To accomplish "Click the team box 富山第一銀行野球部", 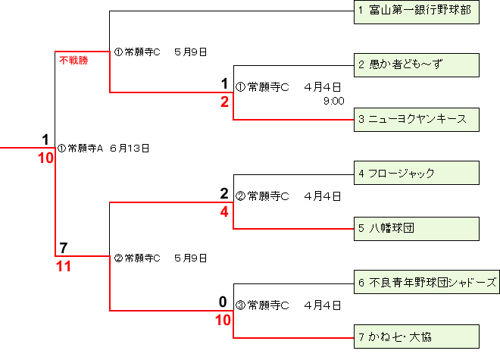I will click(417, 11).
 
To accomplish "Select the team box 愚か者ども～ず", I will click(417, 64).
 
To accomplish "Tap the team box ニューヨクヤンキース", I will click(417, 119).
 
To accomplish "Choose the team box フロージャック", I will click(417, 173).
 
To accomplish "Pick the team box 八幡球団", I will click(417, 227).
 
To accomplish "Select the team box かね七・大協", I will click(417, 336).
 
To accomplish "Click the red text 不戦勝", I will click(73, 60).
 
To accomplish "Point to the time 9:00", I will click(333, 100).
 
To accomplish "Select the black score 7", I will click(64, 248).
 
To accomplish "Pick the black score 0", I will click(223, 302).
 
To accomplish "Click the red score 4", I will click(224, 212).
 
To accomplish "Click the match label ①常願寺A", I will click(80, 148).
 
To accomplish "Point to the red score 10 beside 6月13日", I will click(45, 158).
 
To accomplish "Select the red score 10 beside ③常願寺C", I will click(223, 321).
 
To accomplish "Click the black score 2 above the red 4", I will click(224, 194).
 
